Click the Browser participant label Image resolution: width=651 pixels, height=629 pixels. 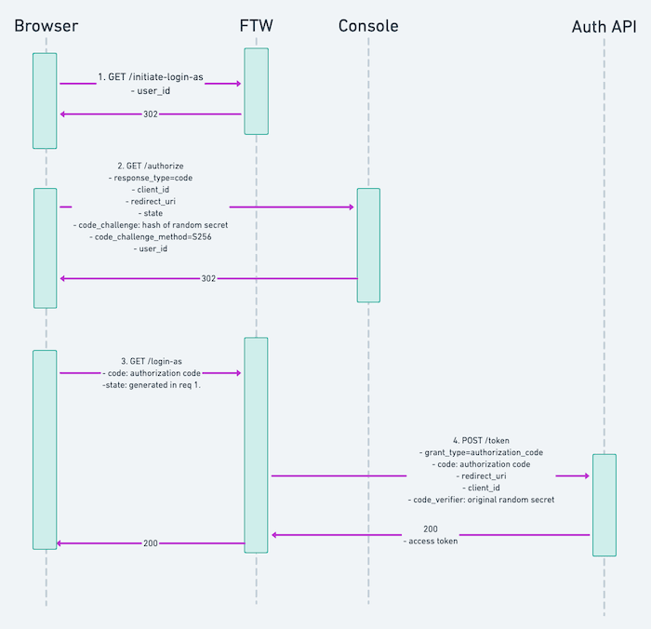46,26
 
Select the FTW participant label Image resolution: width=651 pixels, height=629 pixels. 257,26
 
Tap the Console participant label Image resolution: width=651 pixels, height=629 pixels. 368,26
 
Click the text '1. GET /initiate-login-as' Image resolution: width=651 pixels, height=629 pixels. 151,77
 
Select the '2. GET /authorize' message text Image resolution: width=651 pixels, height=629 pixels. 151,165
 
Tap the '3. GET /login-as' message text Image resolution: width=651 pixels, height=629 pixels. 151,360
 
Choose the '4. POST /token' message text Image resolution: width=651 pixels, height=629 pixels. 481,440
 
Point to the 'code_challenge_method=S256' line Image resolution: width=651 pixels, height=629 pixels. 151,237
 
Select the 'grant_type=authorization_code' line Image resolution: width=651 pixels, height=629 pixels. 481,452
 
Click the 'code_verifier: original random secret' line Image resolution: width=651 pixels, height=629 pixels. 481,500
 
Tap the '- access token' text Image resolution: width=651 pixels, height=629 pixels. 430,541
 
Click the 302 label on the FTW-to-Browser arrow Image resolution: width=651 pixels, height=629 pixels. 151,114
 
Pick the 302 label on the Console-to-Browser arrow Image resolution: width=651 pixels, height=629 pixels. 209,278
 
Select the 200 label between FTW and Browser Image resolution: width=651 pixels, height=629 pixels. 151,543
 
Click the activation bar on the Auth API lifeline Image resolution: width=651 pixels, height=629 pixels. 604,505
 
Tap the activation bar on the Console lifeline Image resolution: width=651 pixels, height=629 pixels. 368,245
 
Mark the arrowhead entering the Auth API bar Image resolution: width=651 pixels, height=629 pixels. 586,475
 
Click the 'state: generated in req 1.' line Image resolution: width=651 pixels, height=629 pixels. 152,384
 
